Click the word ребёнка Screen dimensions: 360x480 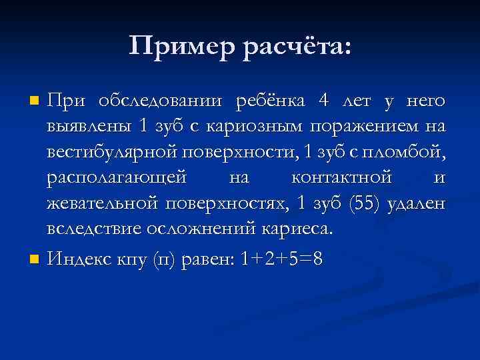click(x=270, y=101)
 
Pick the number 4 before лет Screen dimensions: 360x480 click(x=324, y=101)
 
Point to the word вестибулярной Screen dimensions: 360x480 click(x=111, y=153)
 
